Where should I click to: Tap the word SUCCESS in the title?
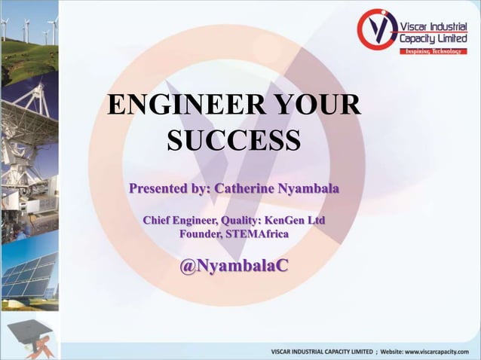[x=234, y=140]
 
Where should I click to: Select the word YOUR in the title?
[x=315, y=105]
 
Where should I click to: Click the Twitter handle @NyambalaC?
[x=234, y=267]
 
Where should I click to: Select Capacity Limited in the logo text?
[x=434, y=38]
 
